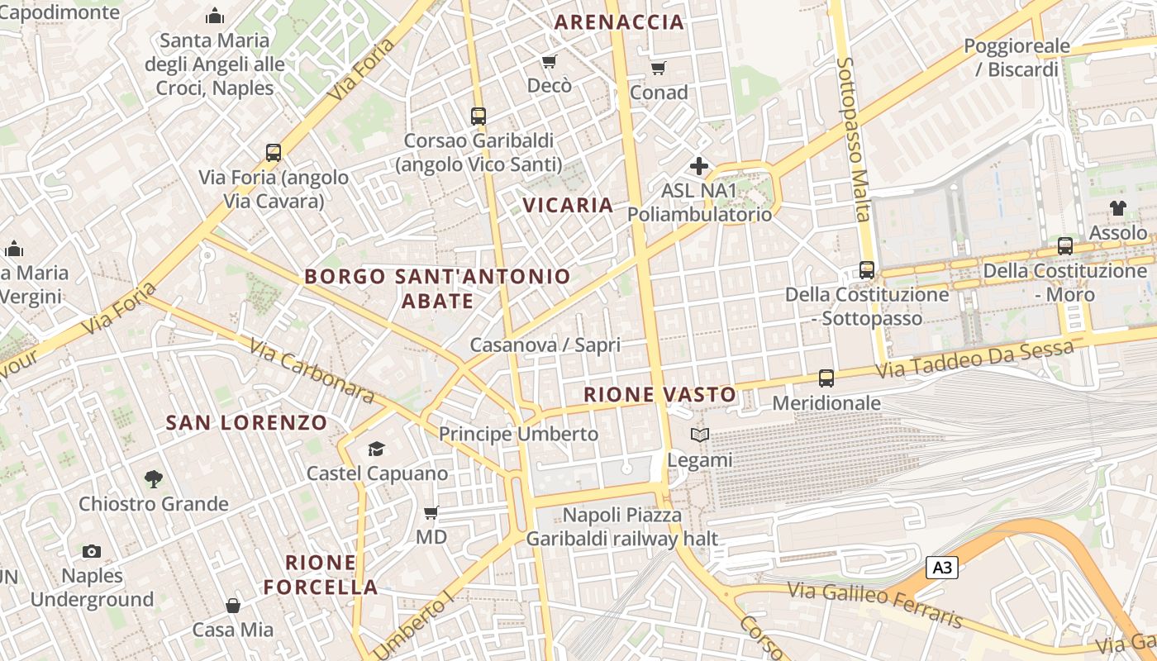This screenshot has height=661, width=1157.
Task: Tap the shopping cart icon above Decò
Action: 549,62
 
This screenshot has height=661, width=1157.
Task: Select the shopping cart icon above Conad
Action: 658,68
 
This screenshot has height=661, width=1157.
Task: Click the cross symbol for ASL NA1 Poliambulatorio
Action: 699,166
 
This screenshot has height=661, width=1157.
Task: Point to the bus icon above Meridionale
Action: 826,378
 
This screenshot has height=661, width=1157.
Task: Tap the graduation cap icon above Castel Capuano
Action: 377,449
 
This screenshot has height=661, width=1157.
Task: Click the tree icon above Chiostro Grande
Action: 153,478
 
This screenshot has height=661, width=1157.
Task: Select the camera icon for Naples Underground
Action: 92,551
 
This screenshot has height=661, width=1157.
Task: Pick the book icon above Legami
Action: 699,435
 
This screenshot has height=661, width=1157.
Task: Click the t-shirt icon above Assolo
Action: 1118,208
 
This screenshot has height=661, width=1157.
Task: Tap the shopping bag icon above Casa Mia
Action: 233,606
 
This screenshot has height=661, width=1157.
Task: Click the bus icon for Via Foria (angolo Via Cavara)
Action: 274,153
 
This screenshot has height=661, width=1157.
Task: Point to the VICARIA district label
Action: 569,205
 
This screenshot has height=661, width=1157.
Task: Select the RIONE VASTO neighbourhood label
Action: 659,395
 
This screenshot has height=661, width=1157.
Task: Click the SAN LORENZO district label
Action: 246,423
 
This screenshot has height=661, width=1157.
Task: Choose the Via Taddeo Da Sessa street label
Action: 974,360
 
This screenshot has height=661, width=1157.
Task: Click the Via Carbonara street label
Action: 311,373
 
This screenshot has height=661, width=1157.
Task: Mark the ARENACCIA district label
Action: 619,22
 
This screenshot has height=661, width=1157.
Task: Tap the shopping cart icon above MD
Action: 431,513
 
